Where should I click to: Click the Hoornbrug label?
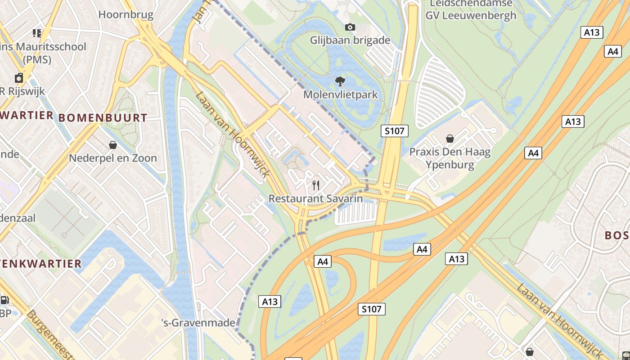126,14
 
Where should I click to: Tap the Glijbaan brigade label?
350,40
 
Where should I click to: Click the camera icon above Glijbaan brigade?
350,27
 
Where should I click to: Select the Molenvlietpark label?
341,94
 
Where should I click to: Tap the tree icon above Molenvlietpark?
341,81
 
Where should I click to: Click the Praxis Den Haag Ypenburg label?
450,158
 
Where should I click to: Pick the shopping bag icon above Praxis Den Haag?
450,139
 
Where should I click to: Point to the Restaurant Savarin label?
315,198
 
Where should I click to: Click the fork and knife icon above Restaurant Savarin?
316,185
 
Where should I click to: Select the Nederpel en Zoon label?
113,158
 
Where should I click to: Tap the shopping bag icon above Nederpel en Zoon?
113,145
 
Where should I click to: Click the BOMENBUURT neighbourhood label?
103,118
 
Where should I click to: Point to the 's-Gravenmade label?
198,322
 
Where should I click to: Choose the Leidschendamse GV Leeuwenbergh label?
471,9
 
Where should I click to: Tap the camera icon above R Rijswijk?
19,78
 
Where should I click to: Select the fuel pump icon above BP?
4,300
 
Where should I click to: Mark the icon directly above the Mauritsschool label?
37,33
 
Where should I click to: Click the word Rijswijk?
27,91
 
